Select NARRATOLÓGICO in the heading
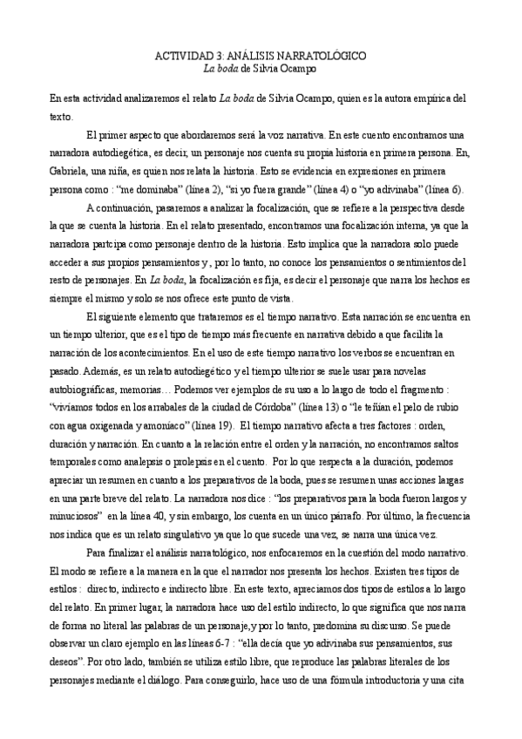coord(324,54)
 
